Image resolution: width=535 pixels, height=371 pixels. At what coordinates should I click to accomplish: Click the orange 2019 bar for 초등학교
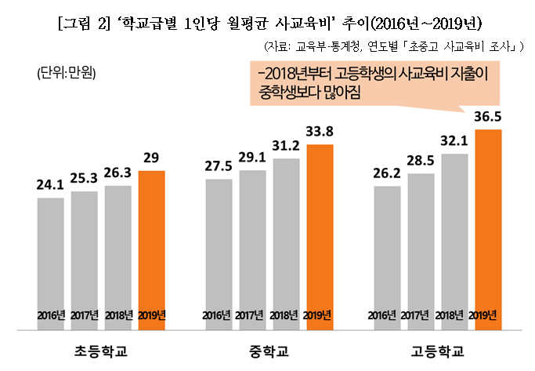(151, 243)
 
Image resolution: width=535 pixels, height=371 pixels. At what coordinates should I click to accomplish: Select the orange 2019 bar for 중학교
(320, 231)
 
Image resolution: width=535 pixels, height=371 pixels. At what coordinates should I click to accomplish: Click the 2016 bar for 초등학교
(50, 259)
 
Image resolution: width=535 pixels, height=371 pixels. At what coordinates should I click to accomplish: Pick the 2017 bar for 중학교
(252, 247)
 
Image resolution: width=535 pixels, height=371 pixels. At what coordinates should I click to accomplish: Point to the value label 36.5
(488, 116)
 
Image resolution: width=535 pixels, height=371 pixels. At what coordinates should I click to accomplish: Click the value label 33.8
(320, 132)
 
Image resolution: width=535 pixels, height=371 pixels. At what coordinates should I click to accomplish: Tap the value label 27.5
(219, 166)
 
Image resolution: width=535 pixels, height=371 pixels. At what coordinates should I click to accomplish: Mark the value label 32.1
(454, 141)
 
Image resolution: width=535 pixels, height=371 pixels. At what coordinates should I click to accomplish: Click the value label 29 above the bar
(151, 158)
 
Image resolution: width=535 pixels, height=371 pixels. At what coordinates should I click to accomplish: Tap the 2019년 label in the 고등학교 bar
(488, 315)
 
